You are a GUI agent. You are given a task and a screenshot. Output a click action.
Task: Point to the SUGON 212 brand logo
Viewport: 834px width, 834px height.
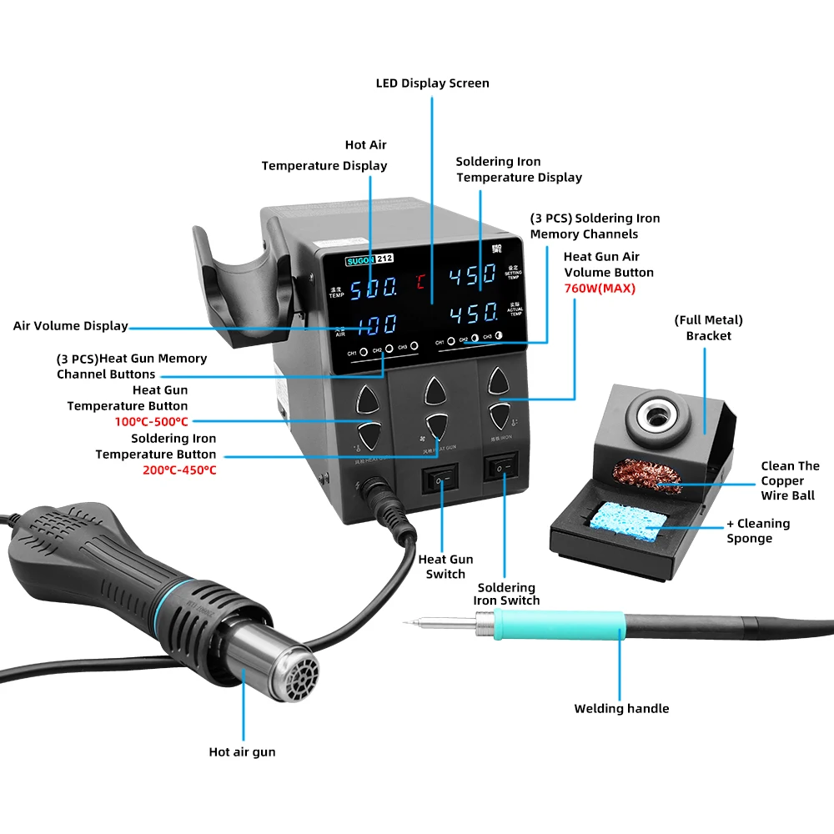click(x=369, y=259)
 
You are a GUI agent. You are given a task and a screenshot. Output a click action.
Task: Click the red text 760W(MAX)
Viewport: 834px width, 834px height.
click(x=599, y=289)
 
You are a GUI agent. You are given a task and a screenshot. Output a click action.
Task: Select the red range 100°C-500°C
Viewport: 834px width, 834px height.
click(x=151, y=422)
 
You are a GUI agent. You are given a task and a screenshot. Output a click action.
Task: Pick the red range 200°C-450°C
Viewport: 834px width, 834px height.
click(x=178, y=470)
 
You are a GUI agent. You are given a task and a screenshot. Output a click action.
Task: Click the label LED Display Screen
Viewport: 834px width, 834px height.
click(x=432, y=83)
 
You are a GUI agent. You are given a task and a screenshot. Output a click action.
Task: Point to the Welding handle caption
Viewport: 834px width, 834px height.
click(x=621, y=709)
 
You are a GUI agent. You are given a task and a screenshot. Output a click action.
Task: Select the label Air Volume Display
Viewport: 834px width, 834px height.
click(x=71, y=326)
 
